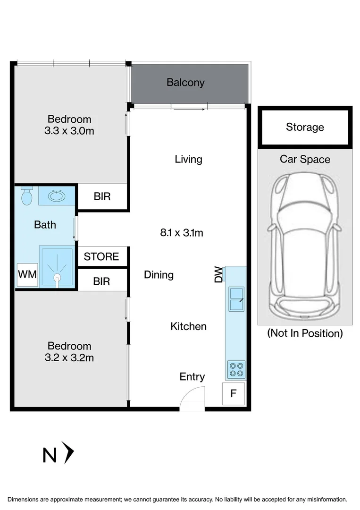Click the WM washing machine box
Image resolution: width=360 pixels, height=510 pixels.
pos(27,274)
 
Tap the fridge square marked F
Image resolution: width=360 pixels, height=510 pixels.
pos(233,393)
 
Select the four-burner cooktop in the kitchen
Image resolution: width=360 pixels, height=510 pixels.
pos(236,369)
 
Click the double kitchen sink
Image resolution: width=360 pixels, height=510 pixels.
pos(236,299)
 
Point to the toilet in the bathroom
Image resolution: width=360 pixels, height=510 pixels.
pos(26,195)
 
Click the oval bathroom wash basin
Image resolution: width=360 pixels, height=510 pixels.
pos(57,196)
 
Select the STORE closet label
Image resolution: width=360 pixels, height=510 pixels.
pos(101,256)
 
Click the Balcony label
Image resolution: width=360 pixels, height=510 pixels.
pos(185,83)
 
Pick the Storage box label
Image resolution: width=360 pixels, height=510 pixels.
pos(305,127)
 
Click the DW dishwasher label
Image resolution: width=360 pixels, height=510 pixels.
pos(218,274)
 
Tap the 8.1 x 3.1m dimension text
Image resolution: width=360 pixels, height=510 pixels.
pos(182,232)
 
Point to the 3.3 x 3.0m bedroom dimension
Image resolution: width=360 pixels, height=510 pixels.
pos(69,131)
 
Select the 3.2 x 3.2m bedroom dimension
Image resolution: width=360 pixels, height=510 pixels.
pos(69,358)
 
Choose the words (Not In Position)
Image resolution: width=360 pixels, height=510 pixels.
pos(305,333)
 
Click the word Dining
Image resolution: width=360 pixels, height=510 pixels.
pos(159,275)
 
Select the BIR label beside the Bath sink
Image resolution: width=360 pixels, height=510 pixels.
pos(102,196)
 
